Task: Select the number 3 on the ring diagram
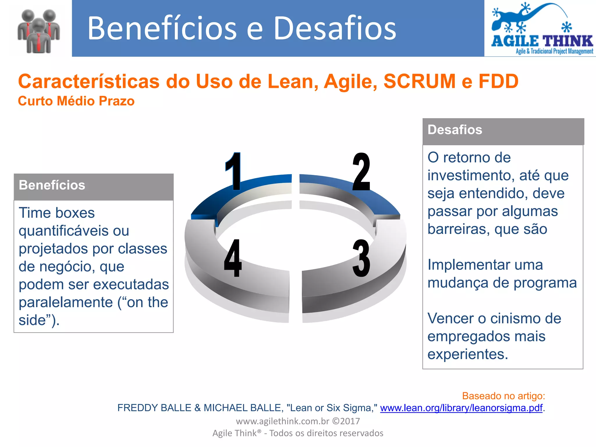[361, 258]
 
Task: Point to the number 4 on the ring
[233, 258]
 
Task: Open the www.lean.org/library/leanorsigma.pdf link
[461, 408]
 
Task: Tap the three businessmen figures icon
[39, 31]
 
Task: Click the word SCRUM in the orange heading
[419, 81]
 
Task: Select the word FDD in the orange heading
[499, 81]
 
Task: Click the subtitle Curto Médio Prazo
[76, 101]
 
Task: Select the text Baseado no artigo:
[503, 396]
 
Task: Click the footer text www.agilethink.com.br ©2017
[298, 421]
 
